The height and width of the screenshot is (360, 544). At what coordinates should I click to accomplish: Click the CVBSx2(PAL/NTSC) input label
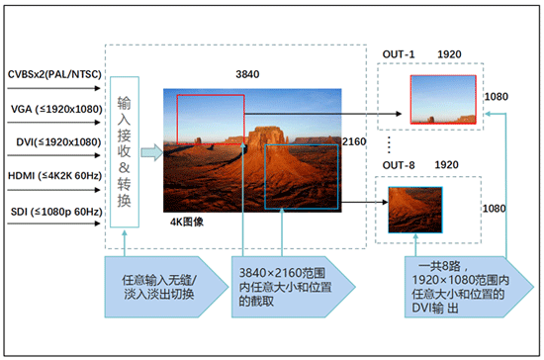53,74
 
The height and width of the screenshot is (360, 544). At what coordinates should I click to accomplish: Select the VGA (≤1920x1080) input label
53,110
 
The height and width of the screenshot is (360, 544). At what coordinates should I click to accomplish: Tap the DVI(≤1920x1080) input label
53,142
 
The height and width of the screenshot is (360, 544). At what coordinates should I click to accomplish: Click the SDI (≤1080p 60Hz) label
51,210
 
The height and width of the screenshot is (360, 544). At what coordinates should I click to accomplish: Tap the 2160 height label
353,142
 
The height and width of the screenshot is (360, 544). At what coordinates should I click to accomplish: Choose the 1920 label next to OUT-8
448,163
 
